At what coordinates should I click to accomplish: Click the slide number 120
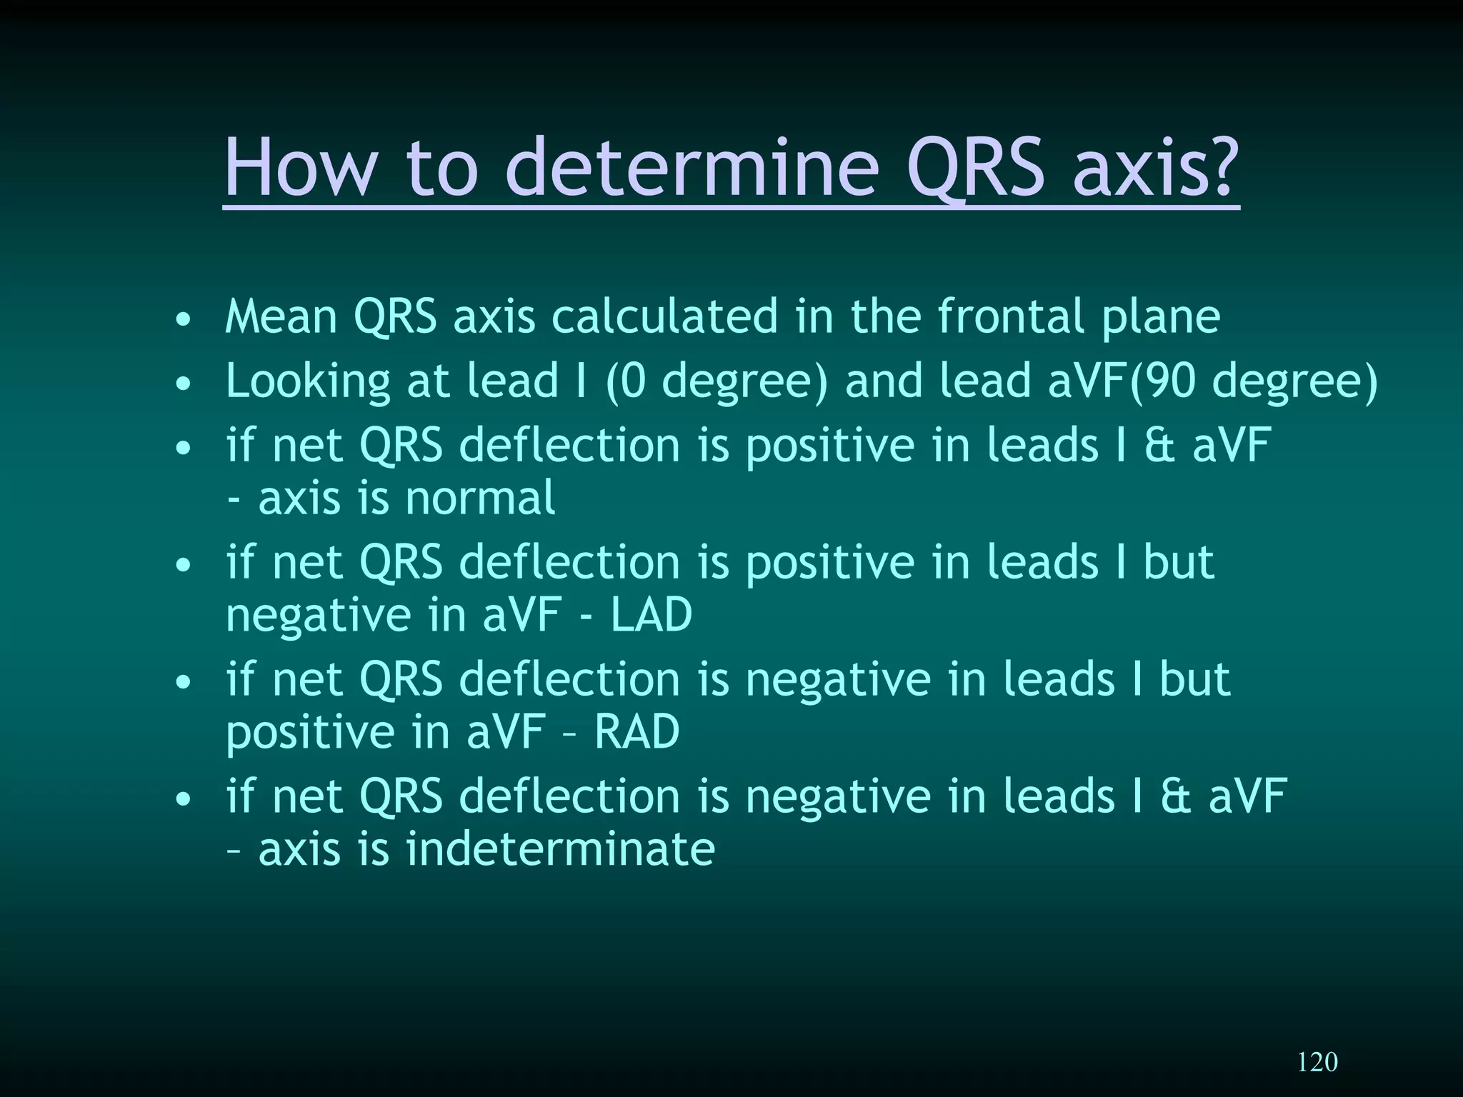tap(1317, 1061)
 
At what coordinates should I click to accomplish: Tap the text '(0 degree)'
tap(716, 381)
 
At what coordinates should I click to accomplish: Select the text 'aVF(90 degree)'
tap(1212, 381)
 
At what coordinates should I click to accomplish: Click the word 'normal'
tap(479, 498)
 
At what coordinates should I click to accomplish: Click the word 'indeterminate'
tap(560, 849)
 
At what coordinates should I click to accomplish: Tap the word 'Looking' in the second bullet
tap(308, 381)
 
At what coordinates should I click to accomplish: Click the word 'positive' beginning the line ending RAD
tap(310, 733)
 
